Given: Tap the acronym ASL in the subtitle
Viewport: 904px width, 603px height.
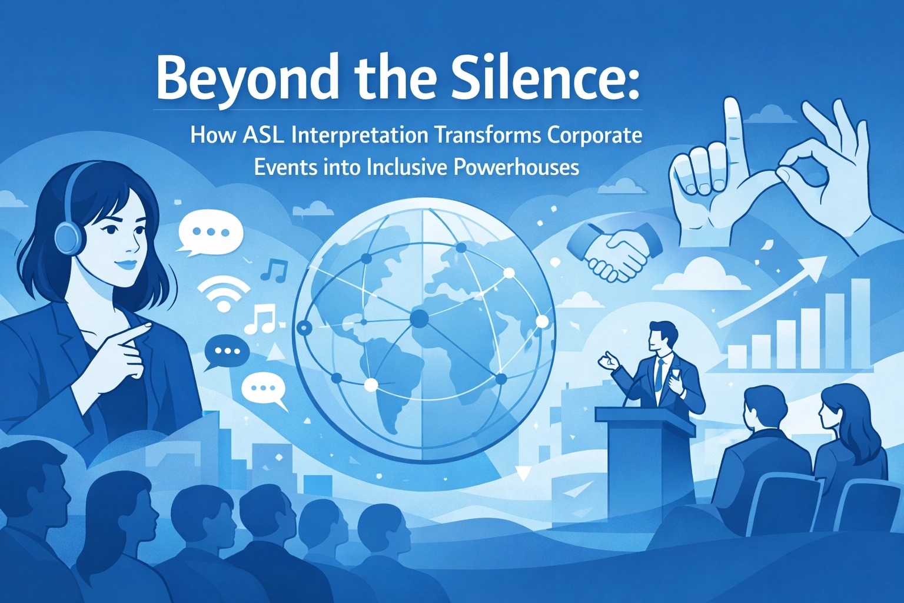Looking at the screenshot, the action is click(x=263, y=135).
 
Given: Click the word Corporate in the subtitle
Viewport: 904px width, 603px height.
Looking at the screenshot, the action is click(x=594, y=135).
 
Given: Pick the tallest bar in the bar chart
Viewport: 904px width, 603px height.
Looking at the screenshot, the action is click(x=859, y=323).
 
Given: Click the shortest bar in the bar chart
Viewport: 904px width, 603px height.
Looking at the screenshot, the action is click(x=737, y=357).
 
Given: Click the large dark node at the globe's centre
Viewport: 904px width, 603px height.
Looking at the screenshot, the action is click(x=420, y=318).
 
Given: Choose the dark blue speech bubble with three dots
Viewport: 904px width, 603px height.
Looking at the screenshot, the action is click(x=226, y=352).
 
